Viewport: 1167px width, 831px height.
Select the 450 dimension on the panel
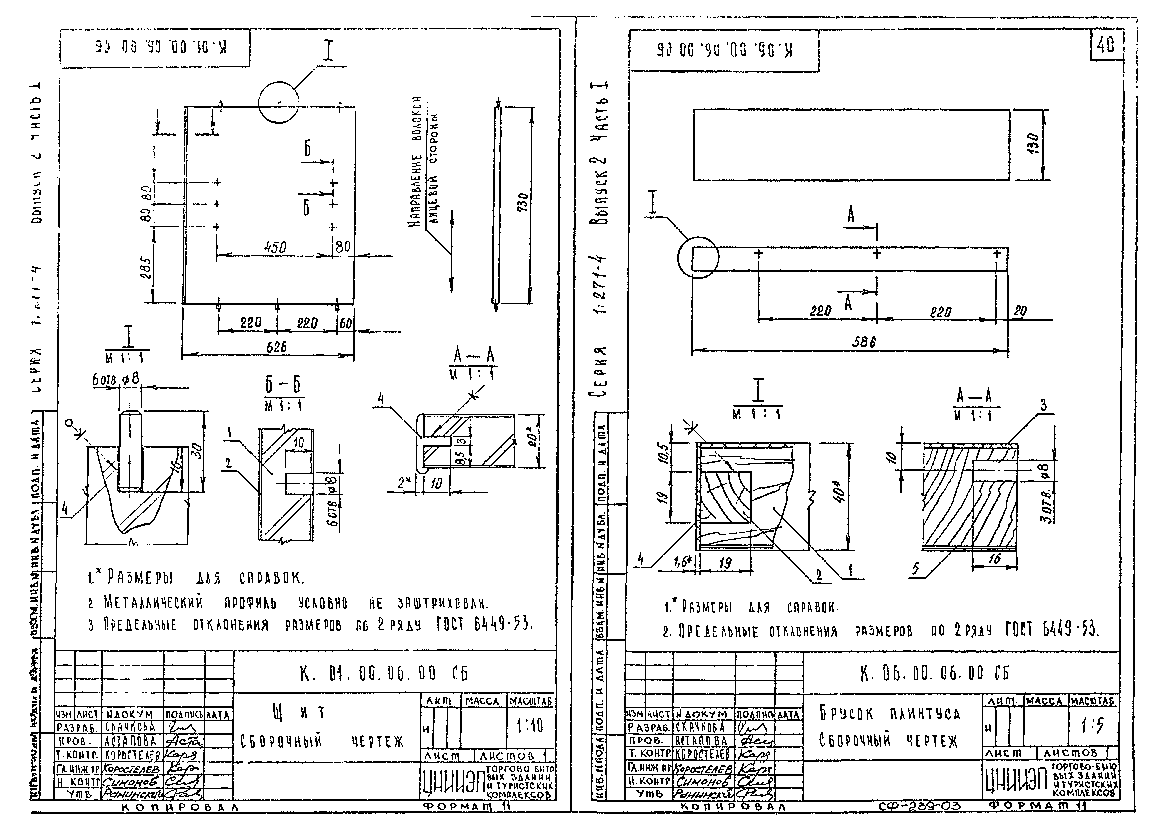[x=275, y=248]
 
